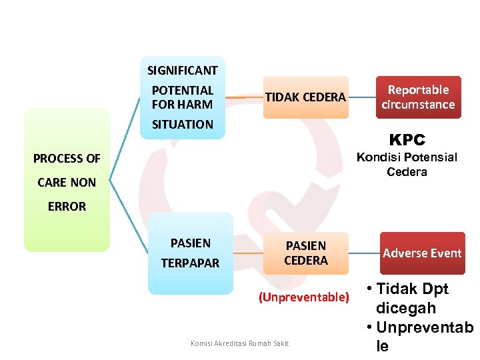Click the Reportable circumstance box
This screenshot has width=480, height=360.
coord(418,97)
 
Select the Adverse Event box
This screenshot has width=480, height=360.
coord(422,253)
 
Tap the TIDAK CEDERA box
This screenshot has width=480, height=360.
coord(305,97)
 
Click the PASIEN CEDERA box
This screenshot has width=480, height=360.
coord(306,253)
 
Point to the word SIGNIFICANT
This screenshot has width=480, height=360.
coord(182,70)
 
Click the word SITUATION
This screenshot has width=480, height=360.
coord(182,124)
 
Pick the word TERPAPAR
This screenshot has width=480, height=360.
coord(190,263)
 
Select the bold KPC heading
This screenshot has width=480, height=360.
coord(407,140)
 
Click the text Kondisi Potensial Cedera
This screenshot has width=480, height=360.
coord(407,165)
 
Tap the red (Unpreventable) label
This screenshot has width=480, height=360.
coord(304,297)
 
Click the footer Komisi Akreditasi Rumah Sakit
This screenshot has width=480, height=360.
coord(239,343)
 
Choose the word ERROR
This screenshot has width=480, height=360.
coord(67,207)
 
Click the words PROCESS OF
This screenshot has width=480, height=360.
coord(67,159)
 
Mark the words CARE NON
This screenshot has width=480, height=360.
coord(67,182)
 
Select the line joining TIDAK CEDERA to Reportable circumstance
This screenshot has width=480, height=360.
coord(362,97)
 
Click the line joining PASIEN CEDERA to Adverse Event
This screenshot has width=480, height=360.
coord(364,253)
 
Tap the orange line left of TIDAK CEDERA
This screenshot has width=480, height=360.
coord(244,97)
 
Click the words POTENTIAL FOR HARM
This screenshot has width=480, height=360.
coord(182,97)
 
